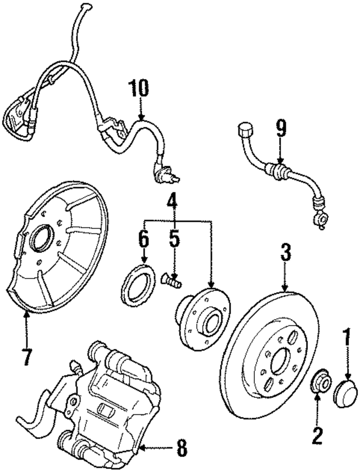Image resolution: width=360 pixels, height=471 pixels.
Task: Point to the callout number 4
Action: [173, 200]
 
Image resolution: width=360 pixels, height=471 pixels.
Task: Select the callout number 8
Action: [180, 449]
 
